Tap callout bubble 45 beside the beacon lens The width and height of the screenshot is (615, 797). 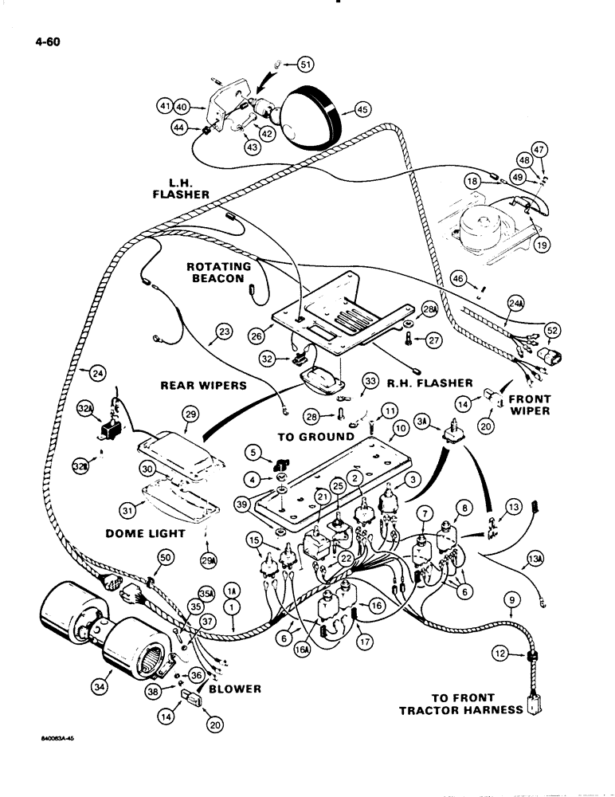(362, 110)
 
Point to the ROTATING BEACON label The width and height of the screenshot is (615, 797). (219, 273)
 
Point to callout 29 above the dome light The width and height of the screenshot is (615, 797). (190, 414)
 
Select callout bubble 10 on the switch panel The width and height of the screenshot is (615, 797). (399, 429)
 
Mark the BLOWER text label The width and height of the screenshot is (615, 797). (234, 689)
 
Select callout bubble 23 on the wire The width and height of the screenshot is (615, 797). (222, 332)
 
